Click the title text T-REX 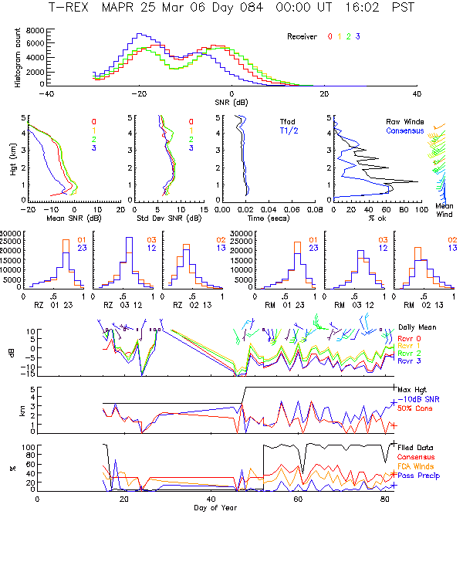coord(69,7)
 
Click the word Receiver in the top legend coord(302,36)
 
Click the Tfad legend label coord(287,121)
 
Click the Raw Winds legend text coord(404,121)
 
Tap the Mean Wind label coord(444,210)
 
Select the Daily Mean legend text coord(417,327)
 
